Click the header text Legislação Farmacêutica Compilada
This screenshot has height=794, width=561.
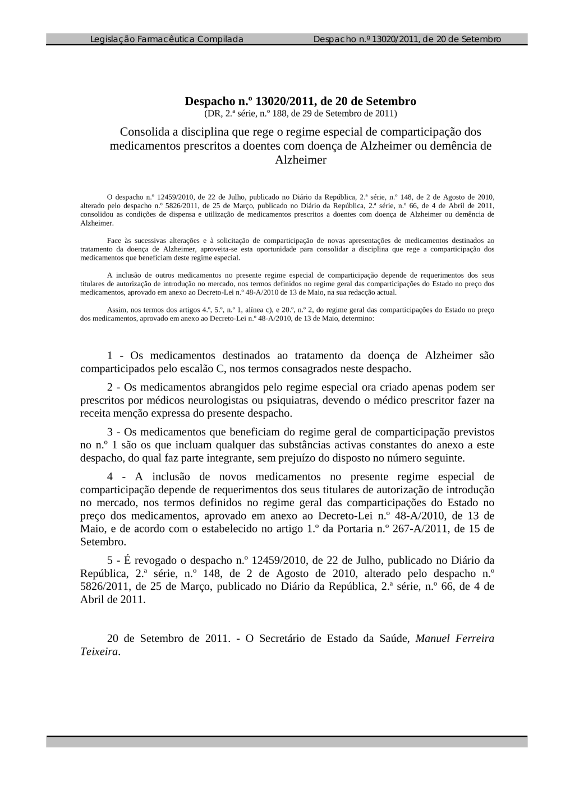click(167, 39)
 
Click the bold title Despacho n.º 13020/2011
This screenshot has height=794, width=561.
click(300, 102)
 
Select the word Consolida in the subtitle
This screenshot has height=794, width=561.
click(144, 132)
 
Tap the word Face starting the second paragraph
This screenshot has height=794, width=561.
click(113, 241)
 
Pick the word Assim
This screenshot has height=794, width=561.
click(116, 310)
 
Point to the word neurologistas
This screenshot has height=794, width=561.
click(220, 401)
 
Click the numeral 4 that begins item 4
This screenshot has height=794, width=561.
click(111, 477)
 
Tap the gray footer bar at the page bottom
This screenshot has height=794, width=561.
click(287, 742)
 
